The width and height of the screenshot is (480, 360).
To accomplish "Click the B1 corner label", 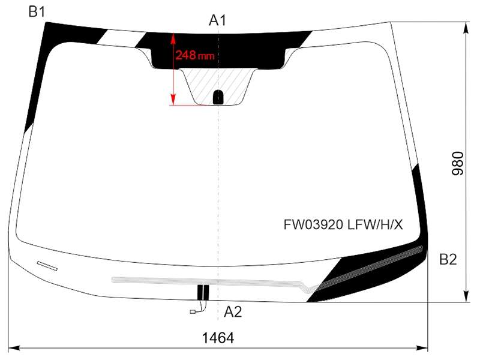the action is (x=37, y=11).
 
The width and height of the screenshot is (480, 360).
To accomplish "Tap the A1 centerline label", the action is (x=217, y=20).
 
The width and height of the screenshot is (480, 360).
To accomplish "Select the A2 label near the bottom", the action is (x=233, y=311).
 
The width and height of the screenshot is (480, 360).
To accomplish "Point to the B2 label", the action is (x=448, y=259).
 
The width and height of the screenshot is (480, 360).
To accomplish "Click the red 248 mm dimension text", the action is (x=194, y=55).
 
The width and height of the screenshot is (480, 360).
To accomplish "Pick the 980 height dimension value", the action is (x=458, y=163).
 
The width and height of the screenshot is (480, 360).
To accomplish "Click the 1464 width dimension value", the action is (x=218, y=338).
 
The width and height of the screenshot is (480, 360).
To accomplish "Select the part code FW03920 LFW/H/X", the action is (x=343, y=225).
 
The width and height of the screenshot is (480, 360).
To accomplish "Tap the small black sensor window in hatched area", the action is (x=218, y=98).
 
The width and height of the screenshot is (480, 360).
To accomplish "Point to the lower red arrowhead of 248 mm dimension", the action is (x=173, y=100).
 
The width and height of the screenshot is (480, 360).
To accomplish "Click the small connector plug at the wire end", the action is (x=193, y=311).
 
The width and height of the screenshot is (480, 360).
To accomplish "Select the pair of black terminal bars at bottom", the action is (x=203, y=292).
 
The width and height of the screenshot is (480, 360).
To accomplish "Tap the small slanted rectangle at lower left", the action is (x=47, y=266).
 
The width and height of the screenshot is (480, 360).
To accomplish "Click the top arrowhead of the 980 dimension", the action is (x=466, y=28).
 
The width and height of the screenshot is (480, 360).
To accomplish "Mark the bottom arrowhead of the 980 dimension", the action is (x=466, y=296).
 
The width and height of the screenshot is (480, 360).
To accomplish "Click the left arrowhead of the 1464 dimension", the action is (x=14, y=348).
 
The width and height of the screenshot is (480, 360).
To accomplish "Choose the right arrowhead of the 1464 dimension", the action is (x=422, y=348).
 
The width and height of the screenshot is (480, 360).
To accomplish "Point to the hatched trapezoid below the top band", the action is (x=218, y=86).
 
